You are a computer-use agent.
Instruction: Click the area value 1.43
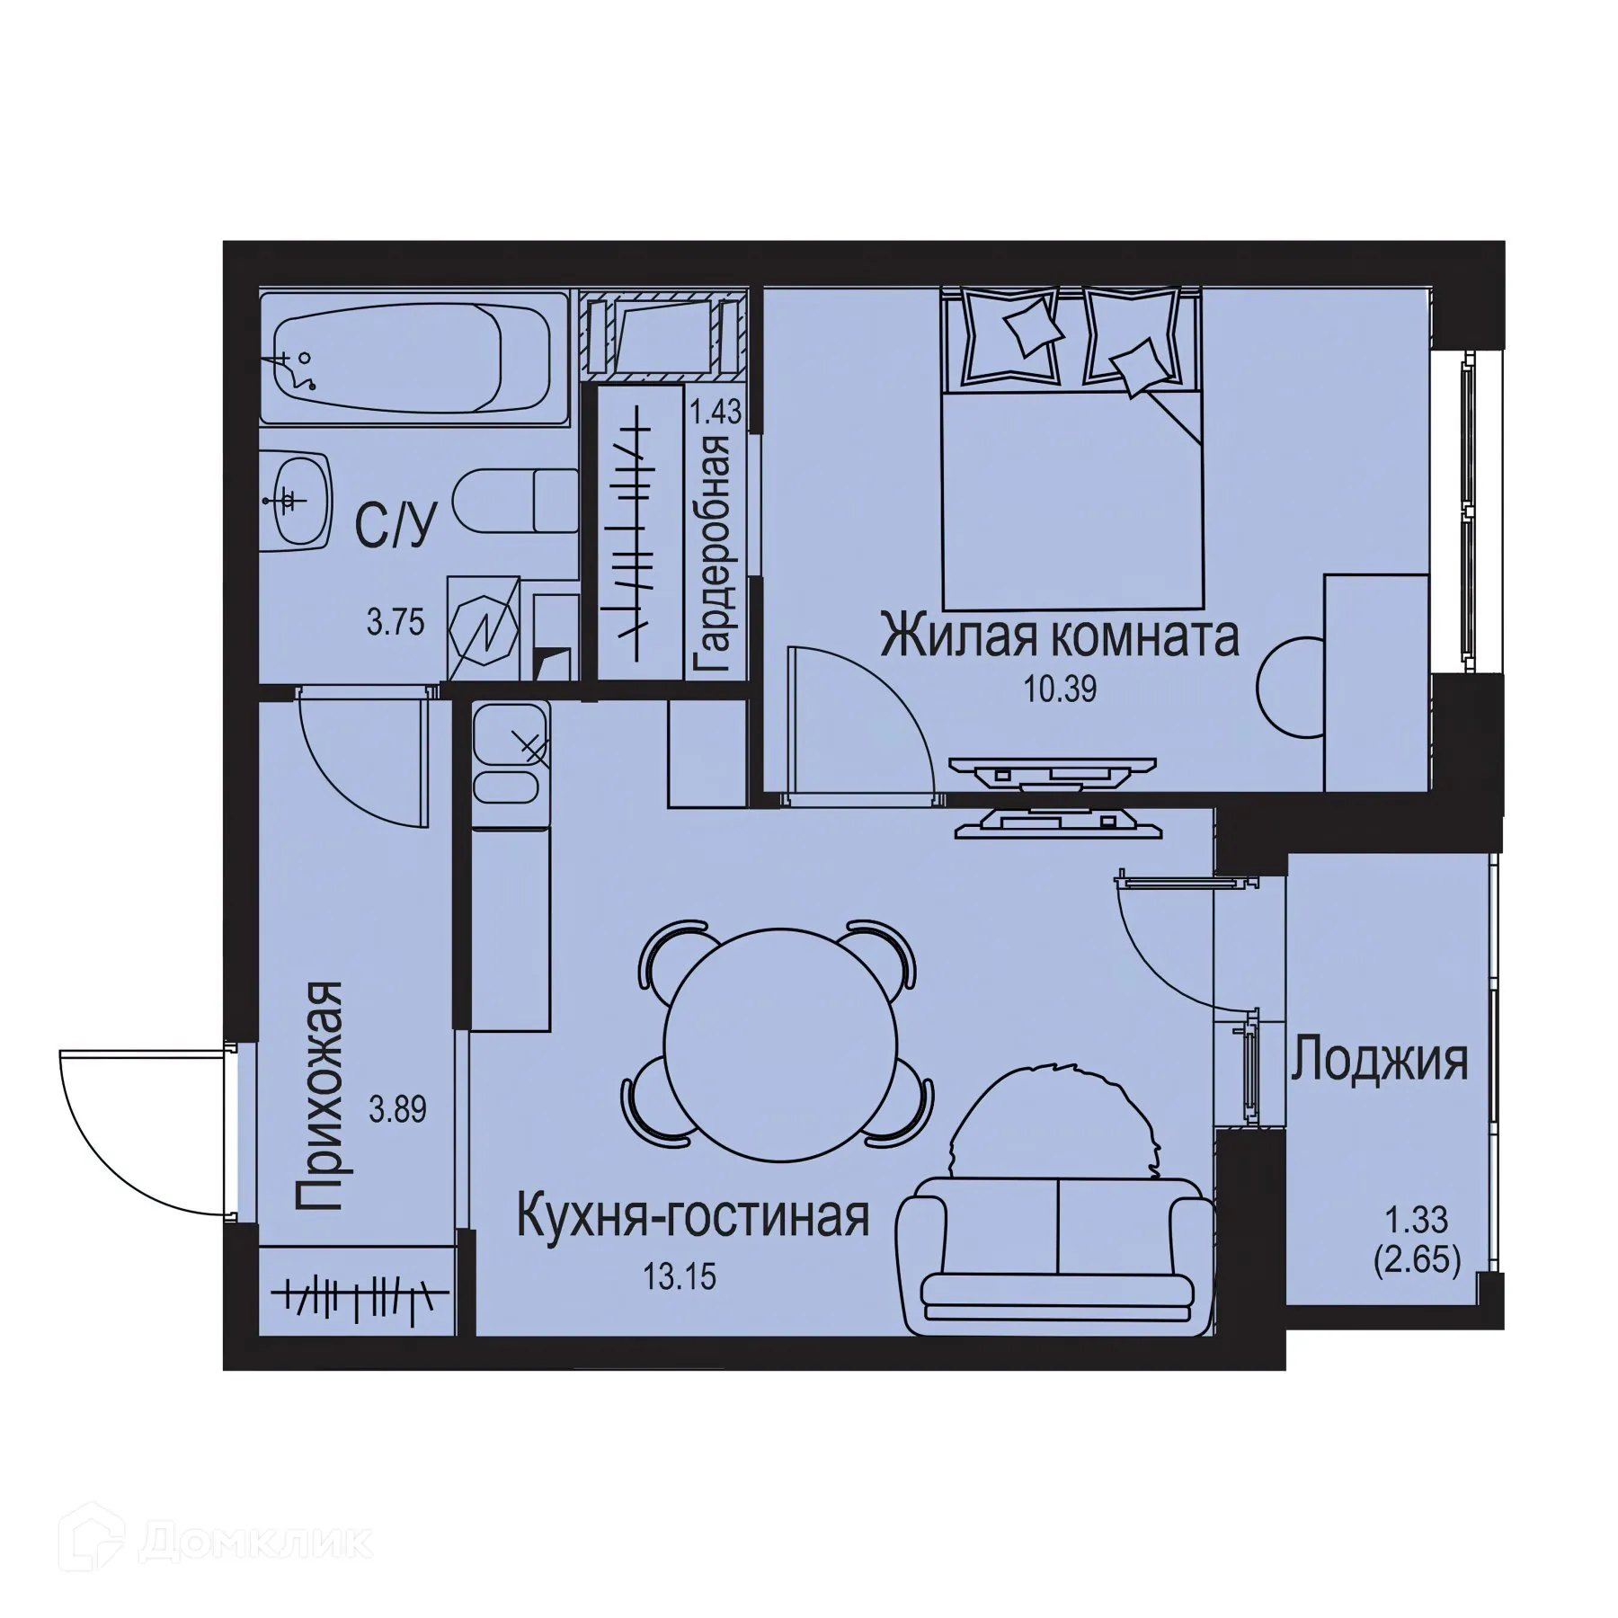tap(716, 413)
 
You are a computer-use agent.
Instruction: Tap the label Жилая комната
tap(1060, 636)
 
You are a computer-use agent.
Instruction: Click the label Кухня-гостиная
tap(692, 1218)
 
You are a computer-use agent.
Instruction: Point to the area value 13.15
tap(680, 1276)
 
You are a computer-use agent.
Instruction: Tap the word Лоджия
tap(1380, 1061)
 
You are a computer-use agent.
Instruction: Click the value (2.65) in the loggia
tap(1416, 1260)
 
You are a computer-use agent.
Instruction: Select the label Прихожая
tap(319, 1097)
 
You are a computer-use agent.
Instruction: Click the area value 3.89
tap(398, 1110)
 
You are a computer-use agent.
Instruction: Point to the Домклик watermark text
tap(255, 1541)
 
